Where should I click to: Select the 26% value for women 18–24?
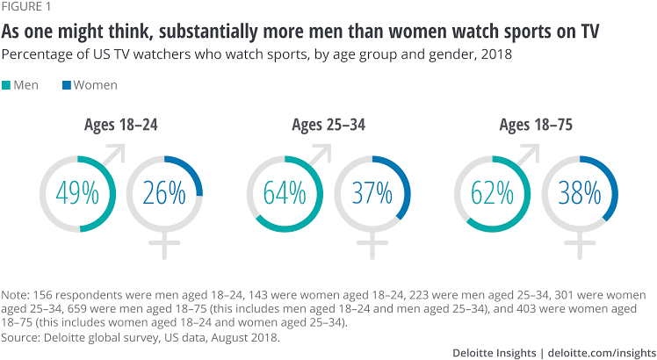click(164, 193)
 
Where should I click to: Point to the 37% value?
click(372, 193)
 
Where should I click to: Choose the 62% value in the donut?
click(493, 193)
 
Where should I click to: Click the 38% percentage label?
click(579, 193)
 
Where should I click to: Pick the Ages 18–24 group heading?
click(121, 126)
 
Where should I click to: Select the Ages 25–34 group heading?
click(328, 126)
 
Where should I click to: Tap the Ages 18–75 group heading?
click(536, 126)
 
